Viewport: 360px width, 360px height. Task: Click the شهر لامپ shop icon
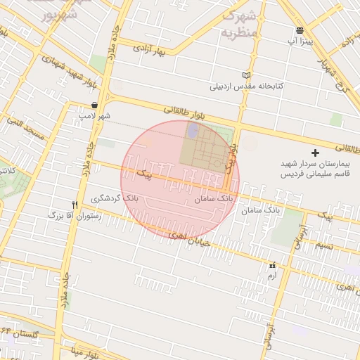tap(94, 105)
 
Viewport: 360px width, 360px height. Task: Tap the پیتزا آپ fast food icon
tap(300, 30)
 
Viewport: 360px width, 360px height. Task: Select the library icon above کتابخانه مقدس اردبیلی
tap(245, 75)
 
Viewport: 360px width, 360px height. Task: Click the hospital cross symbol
tap(315, 153)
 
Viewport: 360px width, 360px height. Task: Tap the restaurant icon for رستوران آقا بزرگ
tap(75, 205)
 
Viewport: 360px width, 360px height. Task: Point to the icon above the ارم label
tap(272, 266)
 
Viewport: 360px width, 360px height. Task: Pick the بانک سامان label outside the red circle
tap(260, 210)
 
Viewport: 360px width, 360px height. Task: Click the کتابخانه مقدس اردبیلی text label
tap(247, 86)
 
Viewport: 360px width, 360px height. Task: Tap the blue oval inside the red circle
tap(193, 131)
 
